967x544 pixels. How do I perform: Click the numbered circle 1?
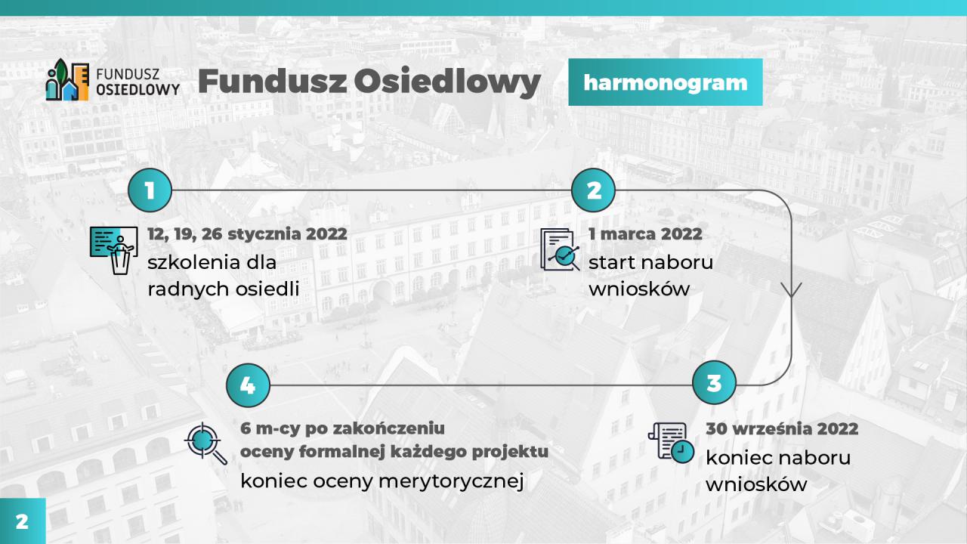(150, 190)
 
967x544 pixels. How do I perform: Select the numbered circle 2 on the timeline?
(593, 190)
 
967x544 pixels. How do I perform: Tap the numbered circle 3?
(714, 382)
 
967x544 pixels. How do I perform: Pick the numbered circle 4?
(248, 385)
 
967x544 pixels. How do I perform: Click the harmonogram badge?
(666, 82)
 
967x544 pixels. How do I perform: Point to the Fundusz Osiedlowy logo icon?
(67, 80)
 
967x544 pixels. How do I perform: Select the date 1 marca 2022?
(645, 233)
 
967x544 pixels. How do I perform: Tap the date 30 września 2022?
(782, 428)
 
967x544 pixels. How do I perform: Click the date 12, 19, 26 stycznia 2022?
(247, 234)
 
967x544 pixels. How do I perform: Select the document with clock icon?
(672, 443)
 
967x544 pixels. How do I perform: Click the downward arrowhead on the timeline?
(791, 290)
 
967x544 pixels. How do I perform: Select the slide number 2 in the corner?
(22, 521)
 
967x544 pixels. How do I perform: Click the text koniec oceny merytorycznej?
(382, 481)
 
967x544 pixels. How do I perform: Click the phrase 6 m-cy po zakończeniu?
(342, 428)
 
